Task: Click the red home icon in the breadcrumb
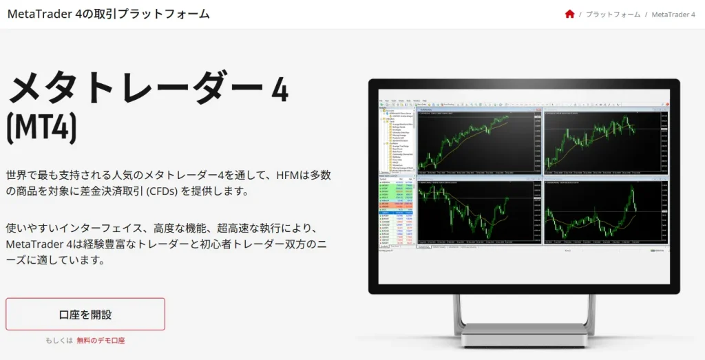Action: (x=569, y=14)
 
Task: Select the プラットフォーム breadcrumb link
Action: (x=613, y=14)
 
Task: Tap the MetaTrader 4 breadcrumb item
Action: (x=673, y=14)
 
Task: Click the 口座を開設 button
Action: (x=85, y=315)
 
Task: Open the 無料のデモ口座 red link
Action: (x=101, y=340)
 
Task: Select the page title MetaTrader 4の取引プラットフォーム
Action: (x=108, y=14)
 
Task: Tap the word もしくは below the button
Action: (x=59, y=340)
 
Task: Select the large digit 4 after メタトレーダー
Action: (x=279, y=90)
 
